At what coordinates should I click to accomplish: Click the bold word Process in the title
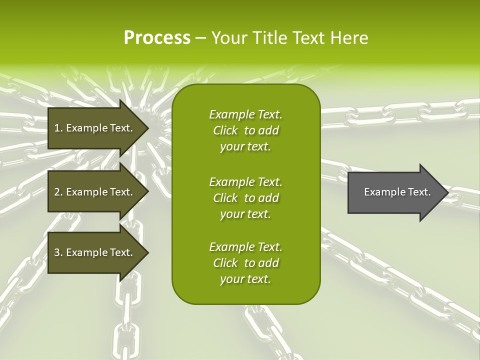(x=157, y=38)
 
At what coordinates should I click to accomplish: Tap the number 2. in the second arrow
(x=58, y=192)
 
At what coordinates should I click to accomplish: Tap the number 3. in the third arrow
(x=58, y=252)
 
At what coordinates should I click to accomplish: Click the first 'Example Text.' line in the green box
(x=245, y=114)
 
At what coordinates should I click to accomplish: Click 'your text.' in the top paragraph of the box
(x=245, y=147)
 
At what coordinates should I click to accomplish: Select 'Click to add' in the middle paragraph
(x=245, y=198)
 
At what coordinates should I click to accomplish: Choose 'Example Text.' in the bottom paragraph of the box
(x=245, y=247)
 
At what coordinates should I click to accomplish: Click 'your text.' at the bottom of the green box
(x=245, y=279)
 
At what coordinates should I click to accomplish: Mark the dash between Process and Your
(x=201, y=38)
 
